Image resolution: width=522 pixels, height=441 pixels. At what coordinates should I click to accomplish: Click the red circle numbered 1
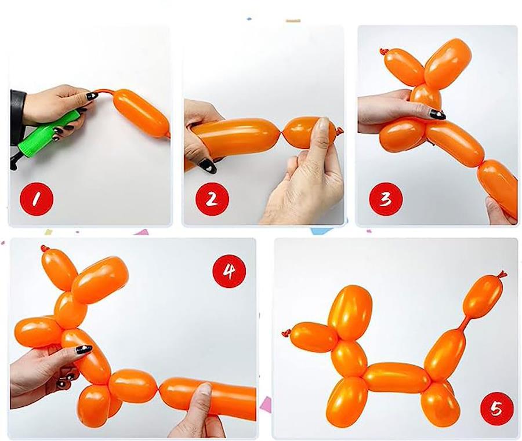coord(37,199)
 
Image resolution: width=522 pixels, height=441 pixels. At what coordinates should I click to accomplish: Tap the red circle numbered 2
coord(212,199)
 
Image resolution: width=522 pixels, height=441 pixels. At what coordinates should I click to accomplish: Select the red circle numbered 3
coord(386,199)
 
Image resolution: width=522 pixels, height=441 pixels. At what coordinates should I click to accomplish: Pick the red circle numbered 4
coord(229,271)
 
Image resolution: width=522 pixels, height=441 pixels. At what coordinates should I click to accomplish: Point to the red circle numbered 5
coord(496,408)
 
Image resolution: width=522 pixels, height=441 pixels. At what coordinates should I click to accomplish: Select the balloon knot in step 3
coord(383,52)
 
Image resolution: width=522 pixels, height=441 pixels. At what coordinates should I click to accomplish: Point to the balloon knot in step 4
coord(43,248)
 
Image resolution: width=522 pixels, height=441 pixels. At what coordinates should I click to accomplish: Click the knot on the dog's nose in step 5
coord(286,333)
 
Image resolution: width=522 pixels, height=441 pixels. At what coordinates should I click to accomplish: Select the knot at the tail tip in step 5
coord(502,274)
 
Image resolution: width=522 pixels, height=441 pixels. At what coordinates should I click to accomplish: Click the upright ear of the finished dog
coord(349,312)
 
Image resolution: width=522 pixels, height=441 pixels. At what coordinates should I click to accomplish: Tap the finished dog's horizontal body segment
coord(397,377)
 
